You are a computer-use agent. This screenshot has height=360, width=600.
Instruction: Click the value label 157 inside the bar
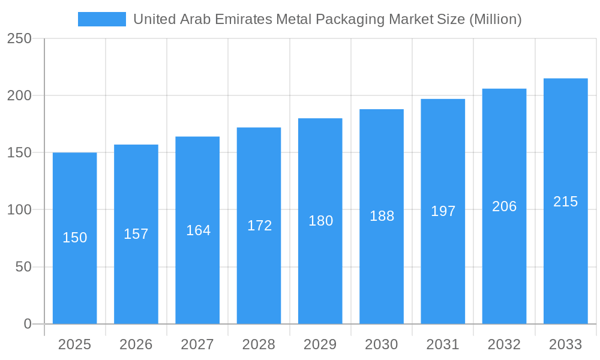click(x=136, y=234)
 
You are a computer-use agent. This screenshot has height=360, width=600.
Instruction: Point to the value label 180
click(x=320, y=221)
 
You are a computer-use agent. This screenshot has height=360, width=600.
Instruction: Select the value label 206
click(x=504, y=206)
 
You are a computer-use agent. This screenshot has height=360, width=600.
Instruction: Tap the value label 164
click(x=198, y=230)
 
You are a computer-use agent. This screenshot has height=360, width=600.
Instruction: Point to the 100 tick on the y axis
click(x=19, y=210)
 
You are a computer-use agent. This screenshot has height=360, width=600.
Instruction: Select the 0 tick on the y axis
click(x=27, y=324)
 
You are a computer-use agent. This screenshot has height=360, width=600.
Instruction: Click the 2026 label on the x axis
click(x=136, y=344)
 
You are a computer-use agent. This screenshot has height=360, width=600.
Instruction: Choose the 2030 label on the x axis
click(x=382, y=344)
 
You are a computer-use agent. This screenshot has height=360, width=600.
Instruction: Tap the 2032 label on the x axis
click(x=504, y=344)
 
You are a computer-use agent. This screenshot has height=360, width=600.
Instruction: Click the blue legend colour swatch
click(x=102, y=19)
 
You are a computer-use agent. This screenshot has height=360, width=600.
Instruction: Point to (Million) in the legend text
click(x=495, y=19)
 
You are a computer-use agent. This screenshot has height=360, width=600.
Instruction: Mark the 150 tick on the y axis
click(x=19, y=153)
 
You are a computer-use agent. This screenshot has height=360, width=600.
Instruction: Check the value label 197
click(x=443, y=211)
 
